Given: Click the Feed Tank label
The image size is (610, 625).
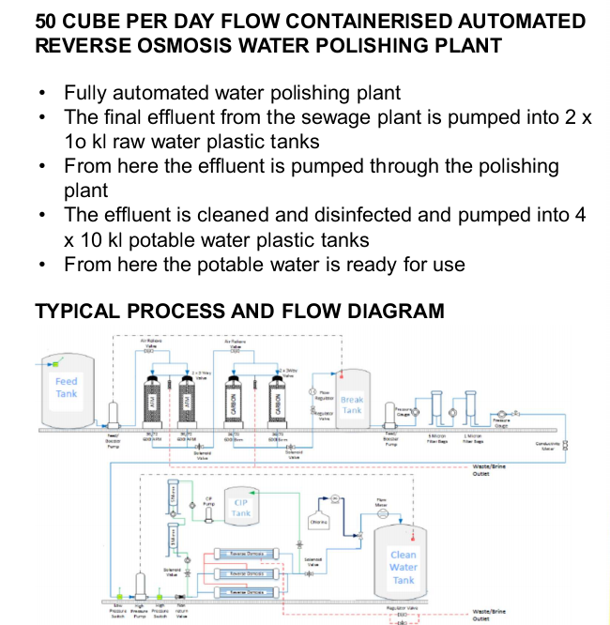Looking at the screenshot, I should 66,388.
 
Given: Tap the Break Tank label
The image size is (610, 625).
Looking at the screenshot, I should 352,404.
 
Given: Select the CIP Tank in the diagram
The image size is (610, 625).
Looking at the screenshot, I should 241,508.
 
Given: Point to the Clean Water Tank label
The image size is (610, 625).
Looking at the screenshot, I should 404,567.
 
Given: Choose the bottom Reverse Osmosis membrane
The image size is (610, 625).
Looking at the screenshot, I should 241,592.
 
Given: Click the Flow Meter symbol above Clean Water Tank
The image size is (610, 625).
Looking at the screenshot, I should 382,513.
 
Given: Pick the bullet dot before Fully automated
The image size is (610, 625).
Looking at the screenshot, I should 43,94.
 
